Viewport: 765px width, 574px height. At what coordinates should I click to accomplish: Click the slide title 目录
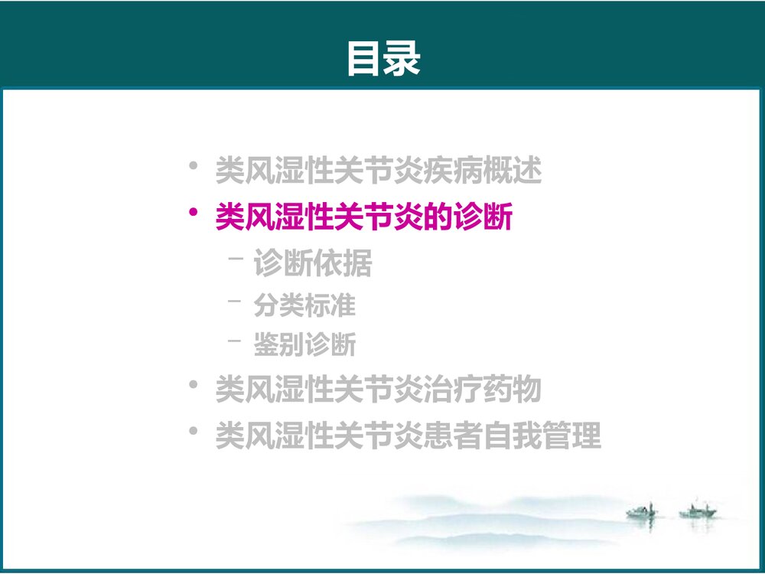[383, 59]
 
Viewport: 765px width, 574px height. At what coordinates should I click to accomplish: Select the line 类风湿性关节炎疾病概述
[379, 171]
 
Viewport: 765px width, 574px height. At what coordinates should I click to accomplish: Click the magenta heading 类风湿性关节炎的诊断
[364, 217]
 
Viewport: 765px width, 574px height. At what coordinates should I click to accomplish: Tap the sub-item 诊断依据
[312, 264]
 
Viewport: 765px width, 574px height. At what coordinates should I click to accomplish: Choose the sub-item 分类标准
[304, 305]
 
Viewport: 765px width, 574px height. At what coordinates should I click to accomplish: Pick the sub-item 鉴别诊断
[304, 345]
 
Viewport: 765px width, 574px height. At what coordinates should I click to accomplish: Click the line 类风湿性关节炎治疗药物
[379, 390]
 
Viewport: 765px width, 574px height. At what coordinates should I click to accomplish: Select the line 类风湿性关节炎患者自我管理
[408, 436]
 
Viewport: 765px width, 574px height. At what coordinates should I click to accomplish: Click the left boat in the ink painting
[640, 511]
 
